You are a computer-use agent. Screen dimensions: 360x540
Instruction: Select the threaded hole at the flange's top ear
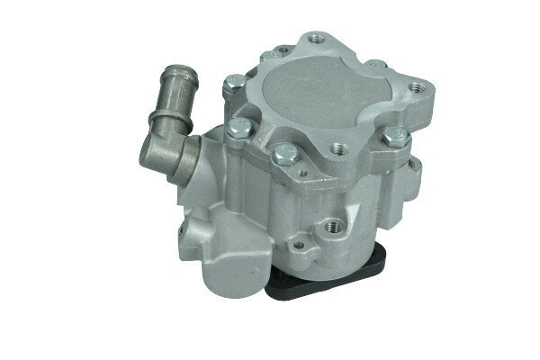click(x=315, y=39)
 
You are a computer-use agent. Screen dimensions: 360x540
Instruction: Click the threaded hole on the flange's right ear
click(x=415, y=88)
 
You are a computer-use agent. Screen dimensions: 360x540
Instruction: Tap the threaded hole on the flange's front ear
click(x=337, y=148)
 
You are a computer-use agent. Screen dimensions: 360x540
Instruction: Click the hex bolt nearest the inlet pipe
click(x=238, y=129)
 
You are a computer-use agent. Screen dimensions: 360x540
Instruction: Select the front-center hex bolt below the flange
click(x=286, y=155)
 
